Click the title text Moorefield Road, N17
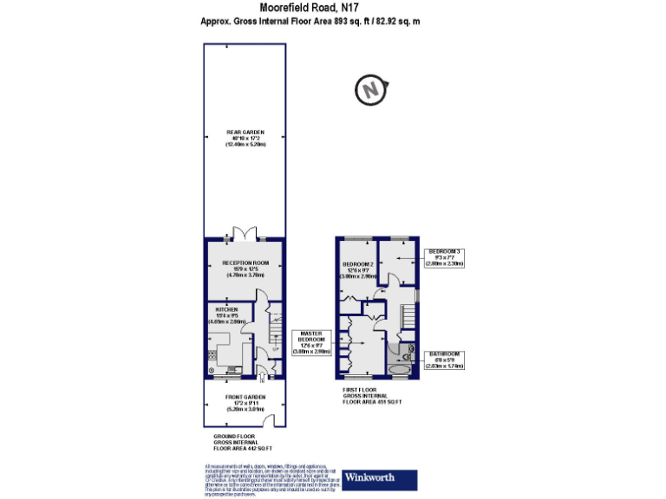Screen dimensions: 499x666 333,8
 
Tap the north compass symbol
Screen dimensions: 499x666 371,89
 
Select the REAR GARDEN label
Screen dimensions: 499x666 245,139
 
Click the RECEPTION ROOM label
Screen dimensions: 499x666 245,268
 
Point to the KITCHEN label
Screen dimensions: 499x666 227,314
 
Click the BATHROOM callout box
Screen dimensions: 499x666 444,360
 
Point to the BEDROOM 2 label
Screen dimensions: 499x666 357,269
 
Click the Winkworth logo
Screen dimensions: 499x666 381,477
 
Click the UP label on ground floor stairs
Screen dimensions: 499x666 275,350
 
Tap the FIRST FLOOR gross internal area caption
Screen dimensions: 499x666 374,397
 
